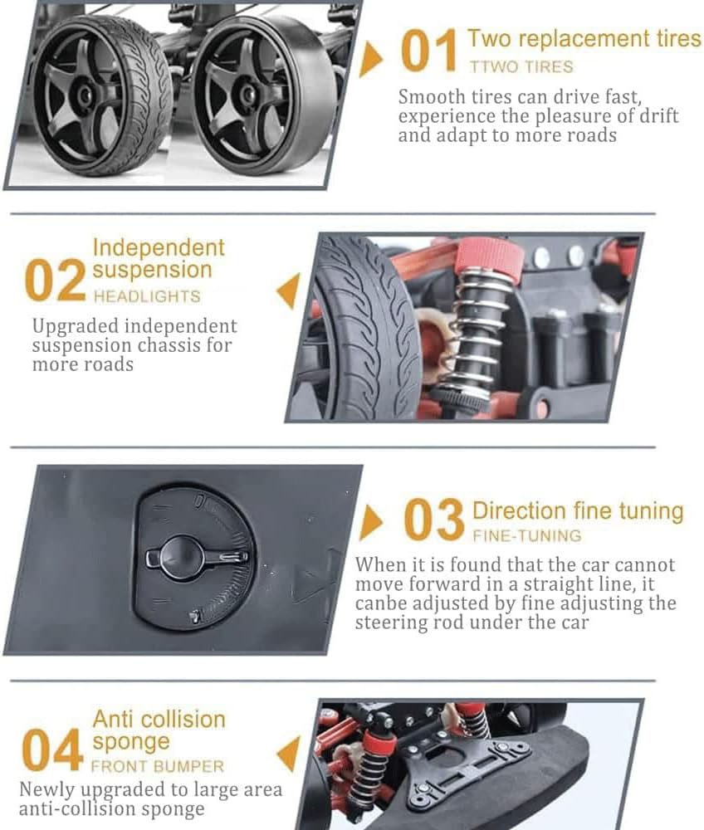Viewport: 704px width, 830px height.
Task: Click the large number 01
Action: [428, 51]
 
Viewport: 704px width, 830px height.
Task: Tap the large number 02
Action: [55, 280]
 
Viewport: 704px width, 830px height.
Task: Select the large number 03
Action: [433, 520]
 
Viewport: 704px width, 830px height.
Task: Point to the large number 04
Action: [52, 749]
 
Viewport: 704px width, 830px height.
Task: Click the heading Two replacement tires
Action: [584, 39]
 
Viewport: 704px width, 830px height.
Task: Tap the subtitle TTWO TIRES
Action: [521, 66]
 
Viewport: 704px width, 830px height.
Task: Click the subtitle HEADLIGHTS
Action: [147, 296]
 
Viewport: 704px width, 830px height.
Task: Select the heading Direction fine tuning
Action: [578, 511]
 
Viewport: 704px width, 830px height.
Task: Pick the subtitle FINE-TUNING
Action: [527, 535]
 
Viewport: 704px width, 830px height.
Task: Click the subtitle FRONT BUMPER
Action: [158, 766]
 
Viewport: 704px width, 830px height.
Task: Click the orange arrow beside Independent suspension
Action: [289, 290]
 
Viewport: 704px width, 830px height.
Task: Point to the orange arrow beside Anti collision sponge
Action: [288, 754]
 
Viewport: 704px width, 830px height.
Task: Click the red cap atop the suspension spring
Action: [489, 256]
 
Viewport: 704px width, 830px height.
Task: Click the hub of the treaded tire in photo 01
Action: [85, 95]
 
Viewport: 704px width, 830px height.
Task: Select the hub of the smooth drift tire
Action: [247, 95]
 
